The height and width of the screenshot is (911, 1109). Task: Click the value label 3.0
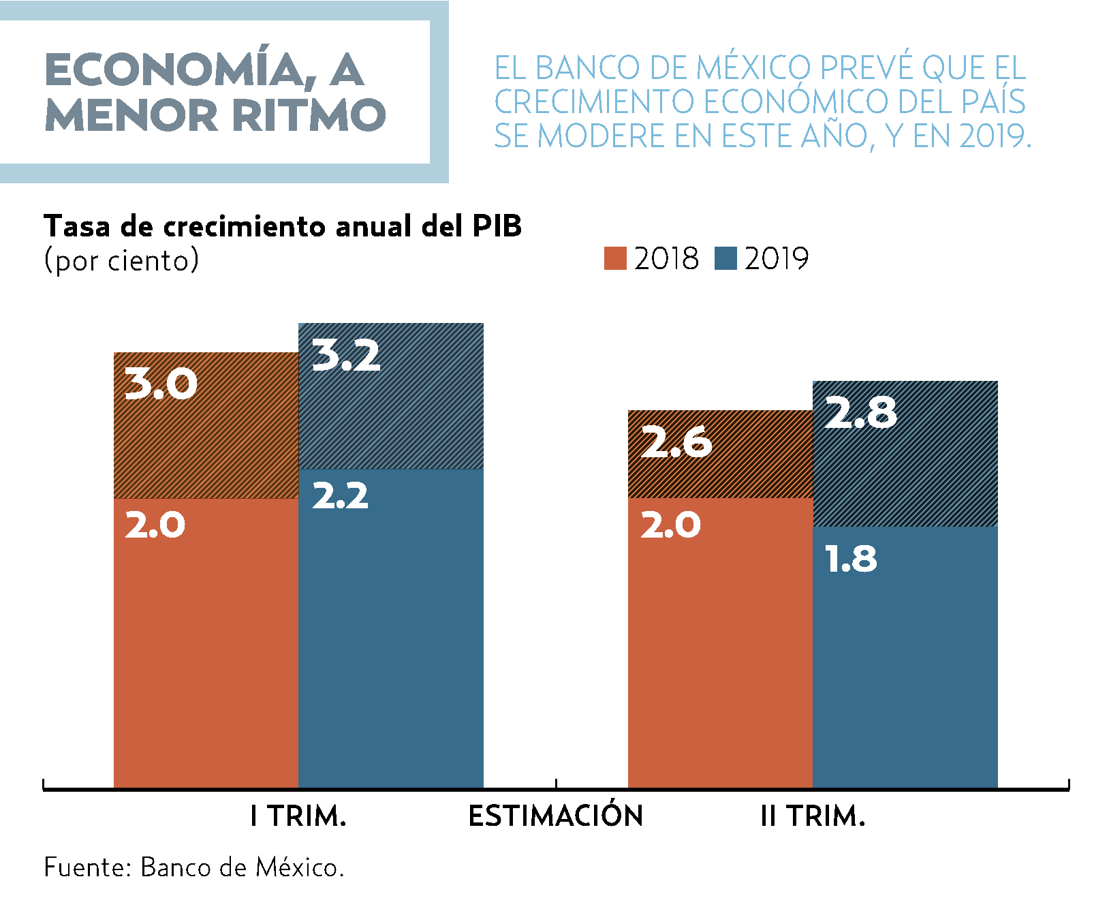(161, 384)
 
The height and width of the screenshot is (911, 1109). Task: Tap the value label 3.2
(346, 356)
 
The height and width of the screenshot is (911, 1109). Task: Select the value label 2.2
(340, 496)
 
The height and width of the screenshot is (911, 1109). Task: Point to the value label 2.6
(676, 442)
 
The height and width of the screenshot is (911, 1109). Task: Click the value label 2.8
(861, 413)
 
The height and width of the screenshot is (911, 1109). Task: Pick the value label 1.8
(851, 559)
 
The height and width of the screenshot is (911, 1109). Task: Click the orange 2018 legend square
(615, 259)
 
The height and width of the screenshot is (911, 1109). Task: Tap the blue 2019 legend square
(725, 259)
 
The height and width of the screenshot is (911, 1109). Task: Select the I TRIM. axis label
(298, 816)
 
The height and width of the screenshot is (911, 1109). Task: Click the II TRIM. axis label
(813, 816)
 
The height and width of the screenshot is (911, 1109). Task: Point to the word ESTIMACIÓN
(556, 816)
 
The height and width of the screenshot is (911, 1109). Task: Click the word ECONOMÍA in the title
(176, 70)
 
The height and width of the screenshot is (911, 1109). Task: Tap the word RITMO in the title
(309, 114)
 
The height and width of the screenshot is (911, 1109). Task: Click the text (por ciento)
(121, 260)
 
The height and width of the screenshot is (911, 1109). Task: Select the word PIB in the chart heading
(497, 226)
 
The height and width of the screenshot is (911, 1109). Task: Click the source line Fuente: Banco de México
(194, 867)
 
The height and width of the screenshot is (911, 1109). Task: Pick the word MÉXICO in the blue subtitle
(754, 68)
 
